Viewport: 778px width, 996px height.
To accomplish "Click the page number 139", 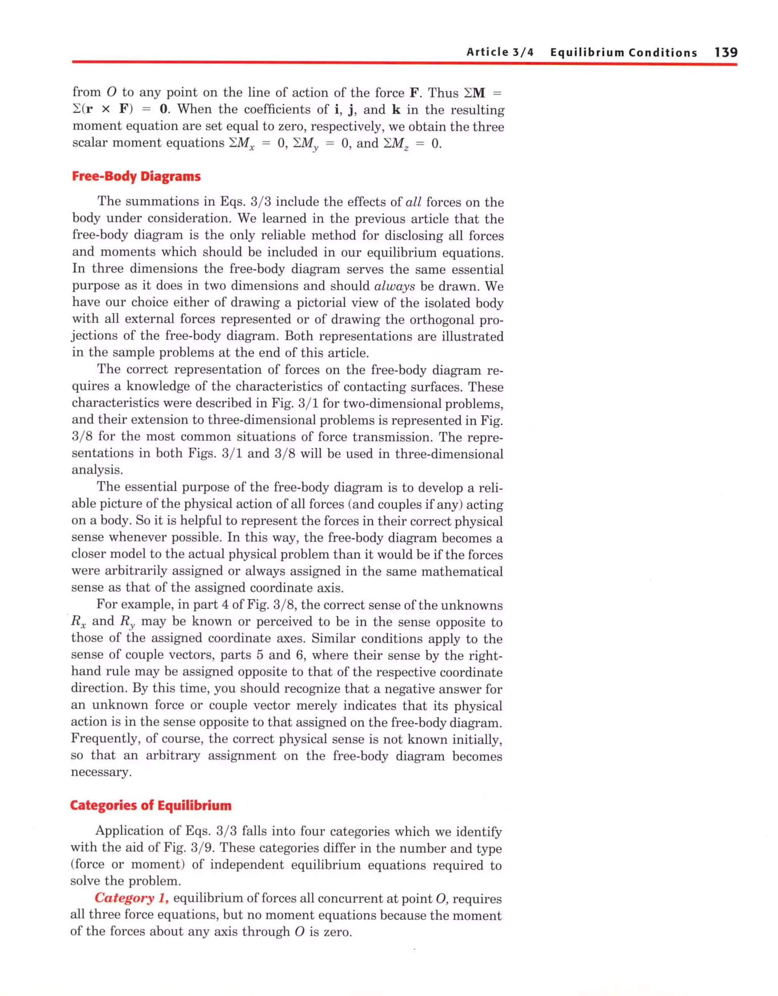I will click(726, 52).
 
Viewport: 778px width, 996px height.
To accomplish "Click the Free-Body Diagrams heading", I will click(136, 177).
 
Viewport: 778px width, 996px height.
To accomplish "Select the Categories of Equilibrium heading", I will click(150, 805).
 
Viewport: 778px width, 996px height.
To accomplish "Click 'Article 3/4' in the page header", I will click(500, 52).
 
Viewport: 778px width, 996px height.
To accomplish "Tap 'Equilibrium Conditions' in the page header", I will click(623, 52).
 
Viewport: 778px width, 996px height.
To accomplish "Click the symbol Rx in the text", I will click(79, 622).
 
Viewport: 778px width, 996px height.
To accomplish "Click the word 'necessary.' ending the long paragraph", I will click(101, 772).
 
